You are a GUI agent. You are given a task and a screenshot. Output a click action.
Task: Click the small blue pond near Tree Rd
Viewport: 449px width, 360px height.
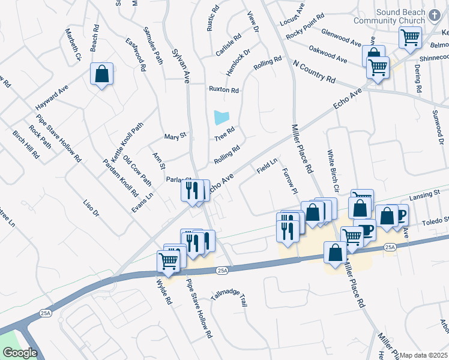(x=221, y=117)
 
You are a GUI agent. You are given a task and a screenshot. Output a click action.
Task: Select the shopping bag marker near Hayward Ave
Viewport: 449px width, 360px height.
(x=101, y=74)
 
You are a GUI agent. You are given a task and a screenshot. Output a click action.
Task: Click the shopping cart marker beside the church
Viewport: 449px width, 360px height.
(x=410, y=37)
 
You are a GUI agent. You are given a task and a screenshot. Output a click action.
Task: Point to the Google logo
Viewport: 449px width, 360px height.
(x=20, y=353)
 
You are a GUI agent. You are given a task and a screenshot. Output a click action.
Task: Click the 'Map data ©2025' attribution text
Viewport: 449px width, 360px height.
(x=424, y=355)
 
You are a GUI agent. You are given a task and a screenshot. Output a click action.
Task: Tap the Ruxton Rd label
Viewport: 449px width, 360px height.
(x=223, y=90)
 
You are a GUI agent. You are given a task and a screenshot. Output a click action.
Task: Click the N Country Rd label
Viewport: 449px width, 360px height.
(x=314, y=71)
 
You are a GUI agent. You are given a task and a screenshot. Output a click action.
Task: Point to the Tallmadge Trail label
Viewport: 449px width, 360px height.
(x=229, y=298)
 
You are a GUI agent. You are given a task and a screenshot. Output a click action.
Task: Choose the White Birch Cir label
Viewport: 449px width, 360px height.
(x=333, y=172)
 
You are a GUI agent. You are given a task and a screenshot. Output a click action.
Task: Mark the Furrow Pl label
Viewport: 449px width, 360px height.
(x=289, y=181)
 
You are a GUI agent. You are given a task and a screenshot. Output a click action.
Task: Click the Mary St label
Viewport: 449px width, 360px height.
(x=175, y=136)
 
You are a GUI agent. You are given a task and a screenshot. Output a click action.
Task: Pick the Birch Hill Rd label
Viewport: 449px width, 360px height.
(x=26, y=145)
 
